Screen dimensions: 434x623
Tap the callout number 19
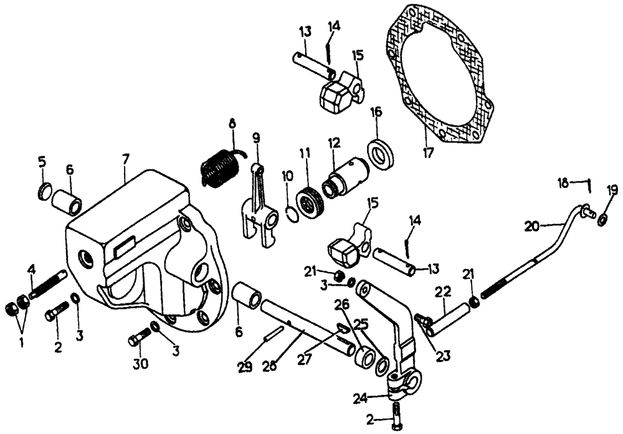coord(612,191)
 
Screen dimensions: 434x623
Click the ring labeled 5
coord(45,192)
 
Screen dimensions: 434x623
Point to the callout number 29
coord(245,367)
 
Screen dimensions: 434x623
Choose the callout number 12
coord(334,144)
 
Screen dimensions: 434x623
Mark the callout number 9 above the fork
coord(255,138)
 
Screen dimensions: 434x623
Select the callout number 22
coord(443,291)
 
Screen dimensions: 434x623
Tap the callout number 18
coord(563,182)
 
